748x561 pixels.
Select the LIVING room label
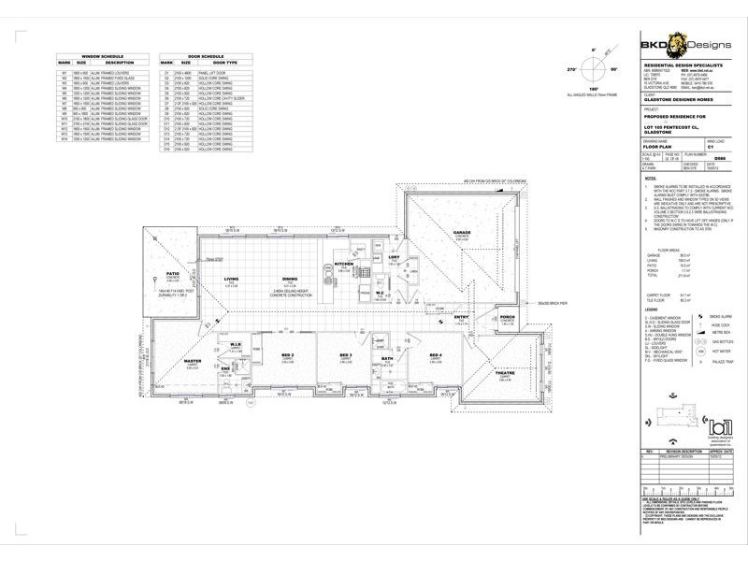click(x=231, y=279)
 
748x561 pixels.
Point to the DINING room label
click(x=289, y=279)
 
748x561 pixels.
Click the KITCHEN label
click(x=343, y=265)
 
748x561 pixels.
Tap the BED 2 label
click(x=287, y=356)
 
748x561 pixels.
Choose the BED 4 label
click(x=435, y=356)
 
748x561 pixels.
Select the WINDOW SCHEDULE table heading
click(x=96, y=54)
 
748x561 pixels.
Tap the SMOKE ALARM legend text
click(x=722, y=318)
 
